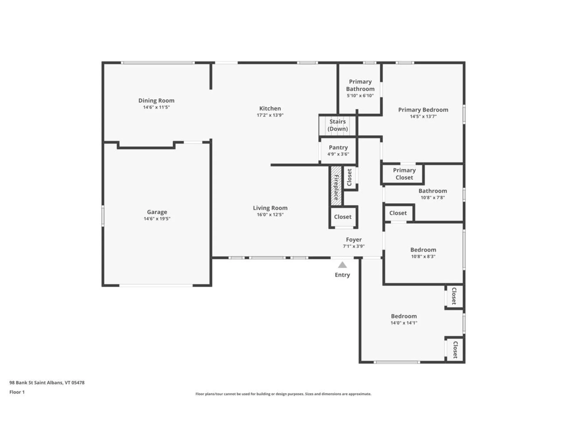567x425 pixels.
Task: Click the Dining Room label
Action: [x=156, y=101]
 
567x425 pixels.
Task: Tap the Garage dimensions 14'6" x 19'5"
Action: [x=157, y=219]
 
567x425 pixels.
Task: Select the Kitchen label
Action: [x=270, y=108]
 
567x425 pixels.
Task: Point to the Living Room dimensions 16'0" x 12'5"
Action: [x=270, y=215]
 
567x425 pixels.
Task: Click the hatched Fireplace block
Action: [x=336, y=186]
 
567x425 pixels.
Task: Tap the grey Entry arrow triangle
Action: [x=342, y=265]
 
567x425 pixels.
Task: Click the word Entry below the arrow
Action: [x=342, y=275]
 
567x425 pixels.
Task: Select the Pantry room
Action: [x=338, y=151]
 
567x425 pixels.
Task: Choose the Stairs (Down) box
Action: [x=338, y=125]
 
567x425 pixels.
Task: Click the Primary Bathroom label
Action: [x=360, y=85]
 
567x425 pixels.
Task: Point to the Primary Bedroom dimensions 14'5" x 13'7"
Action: [x=423, y=117]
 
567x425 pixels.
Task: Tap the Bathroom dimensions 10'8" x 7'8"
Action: [x=433, y=198]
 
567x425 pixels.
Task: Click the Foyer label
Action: [x=354, y=240]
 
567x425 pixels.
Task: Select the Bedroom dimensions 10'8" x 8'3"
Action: [x=423, y=256]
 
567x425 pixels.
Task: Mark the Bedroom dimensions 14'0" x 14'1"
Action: [x=404, y=323]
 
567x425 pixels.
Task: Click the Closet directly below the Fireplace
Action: [x=343, y=217]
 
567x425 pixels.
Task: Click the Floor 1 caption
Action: [x=17, y=392]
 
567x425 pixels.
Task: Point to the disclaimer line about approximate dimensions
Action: [x=283, y=394]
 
